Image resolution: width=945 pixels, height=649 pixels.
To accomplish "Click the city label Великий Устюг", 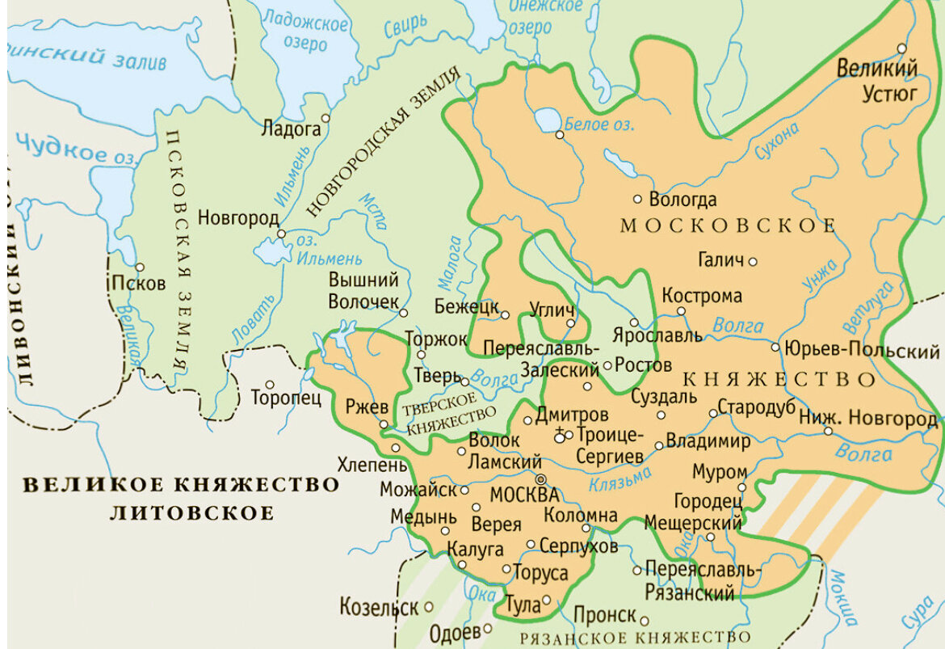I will [x=877, y=80].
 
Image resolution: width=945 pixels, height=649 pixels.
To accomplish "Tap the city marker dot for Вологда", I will [x=637, y=198].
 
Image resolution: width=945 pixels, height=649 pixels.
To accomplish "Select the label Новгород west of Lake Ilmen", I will [x=238, y=217].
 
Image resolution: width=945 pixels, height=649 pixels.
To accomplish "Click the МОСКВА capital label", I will [x=525, y=494].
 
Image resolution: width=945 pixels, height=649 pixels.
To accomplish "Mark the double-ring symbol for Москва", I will [x=540, y=478].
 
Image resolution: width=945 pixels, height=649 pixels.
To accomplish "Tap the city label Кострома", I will [x=701, y=296].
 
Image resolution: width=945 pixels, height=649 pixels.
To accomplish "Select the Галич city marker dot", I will [x=753, y=260].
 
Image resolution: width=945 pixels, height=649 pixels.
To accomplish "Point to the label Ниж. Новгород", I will [x=867, y=419].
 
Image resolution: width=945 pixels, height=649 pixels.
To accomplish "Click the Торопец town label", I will [x=286, y=398].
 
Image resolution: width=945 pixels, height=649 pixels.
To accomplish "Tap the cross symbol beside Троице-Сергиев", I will [x=559, y=436].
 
